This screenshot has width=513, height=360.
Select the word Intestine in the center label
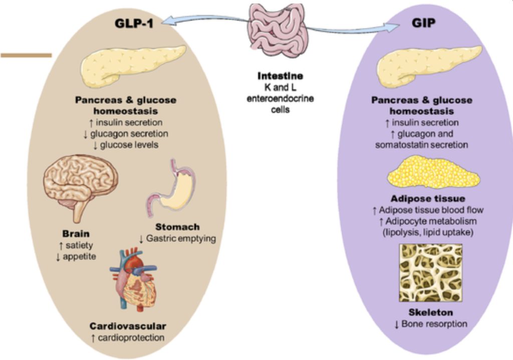tap(280, 76)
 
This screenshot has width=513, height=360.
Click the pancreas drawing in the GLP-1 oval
tap(132, 67)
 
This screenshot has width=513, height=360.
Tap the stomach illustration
tap(173, 188)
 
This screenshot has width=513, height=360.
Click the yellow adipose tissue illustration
tap(434, 173)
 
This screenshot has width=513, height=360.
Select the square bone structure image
tap(430, 272)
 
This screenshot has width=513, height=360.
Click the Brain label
tap(76, 234)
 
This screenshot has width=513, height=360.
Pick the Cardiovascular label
tap(127, 326)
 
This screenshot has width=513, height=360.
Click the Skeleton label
tap(430, 312)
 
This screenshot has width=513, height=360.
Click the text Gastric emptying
tap(181, 239)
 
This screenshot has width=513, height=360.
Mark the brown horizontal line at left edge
tap(26, 55)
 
